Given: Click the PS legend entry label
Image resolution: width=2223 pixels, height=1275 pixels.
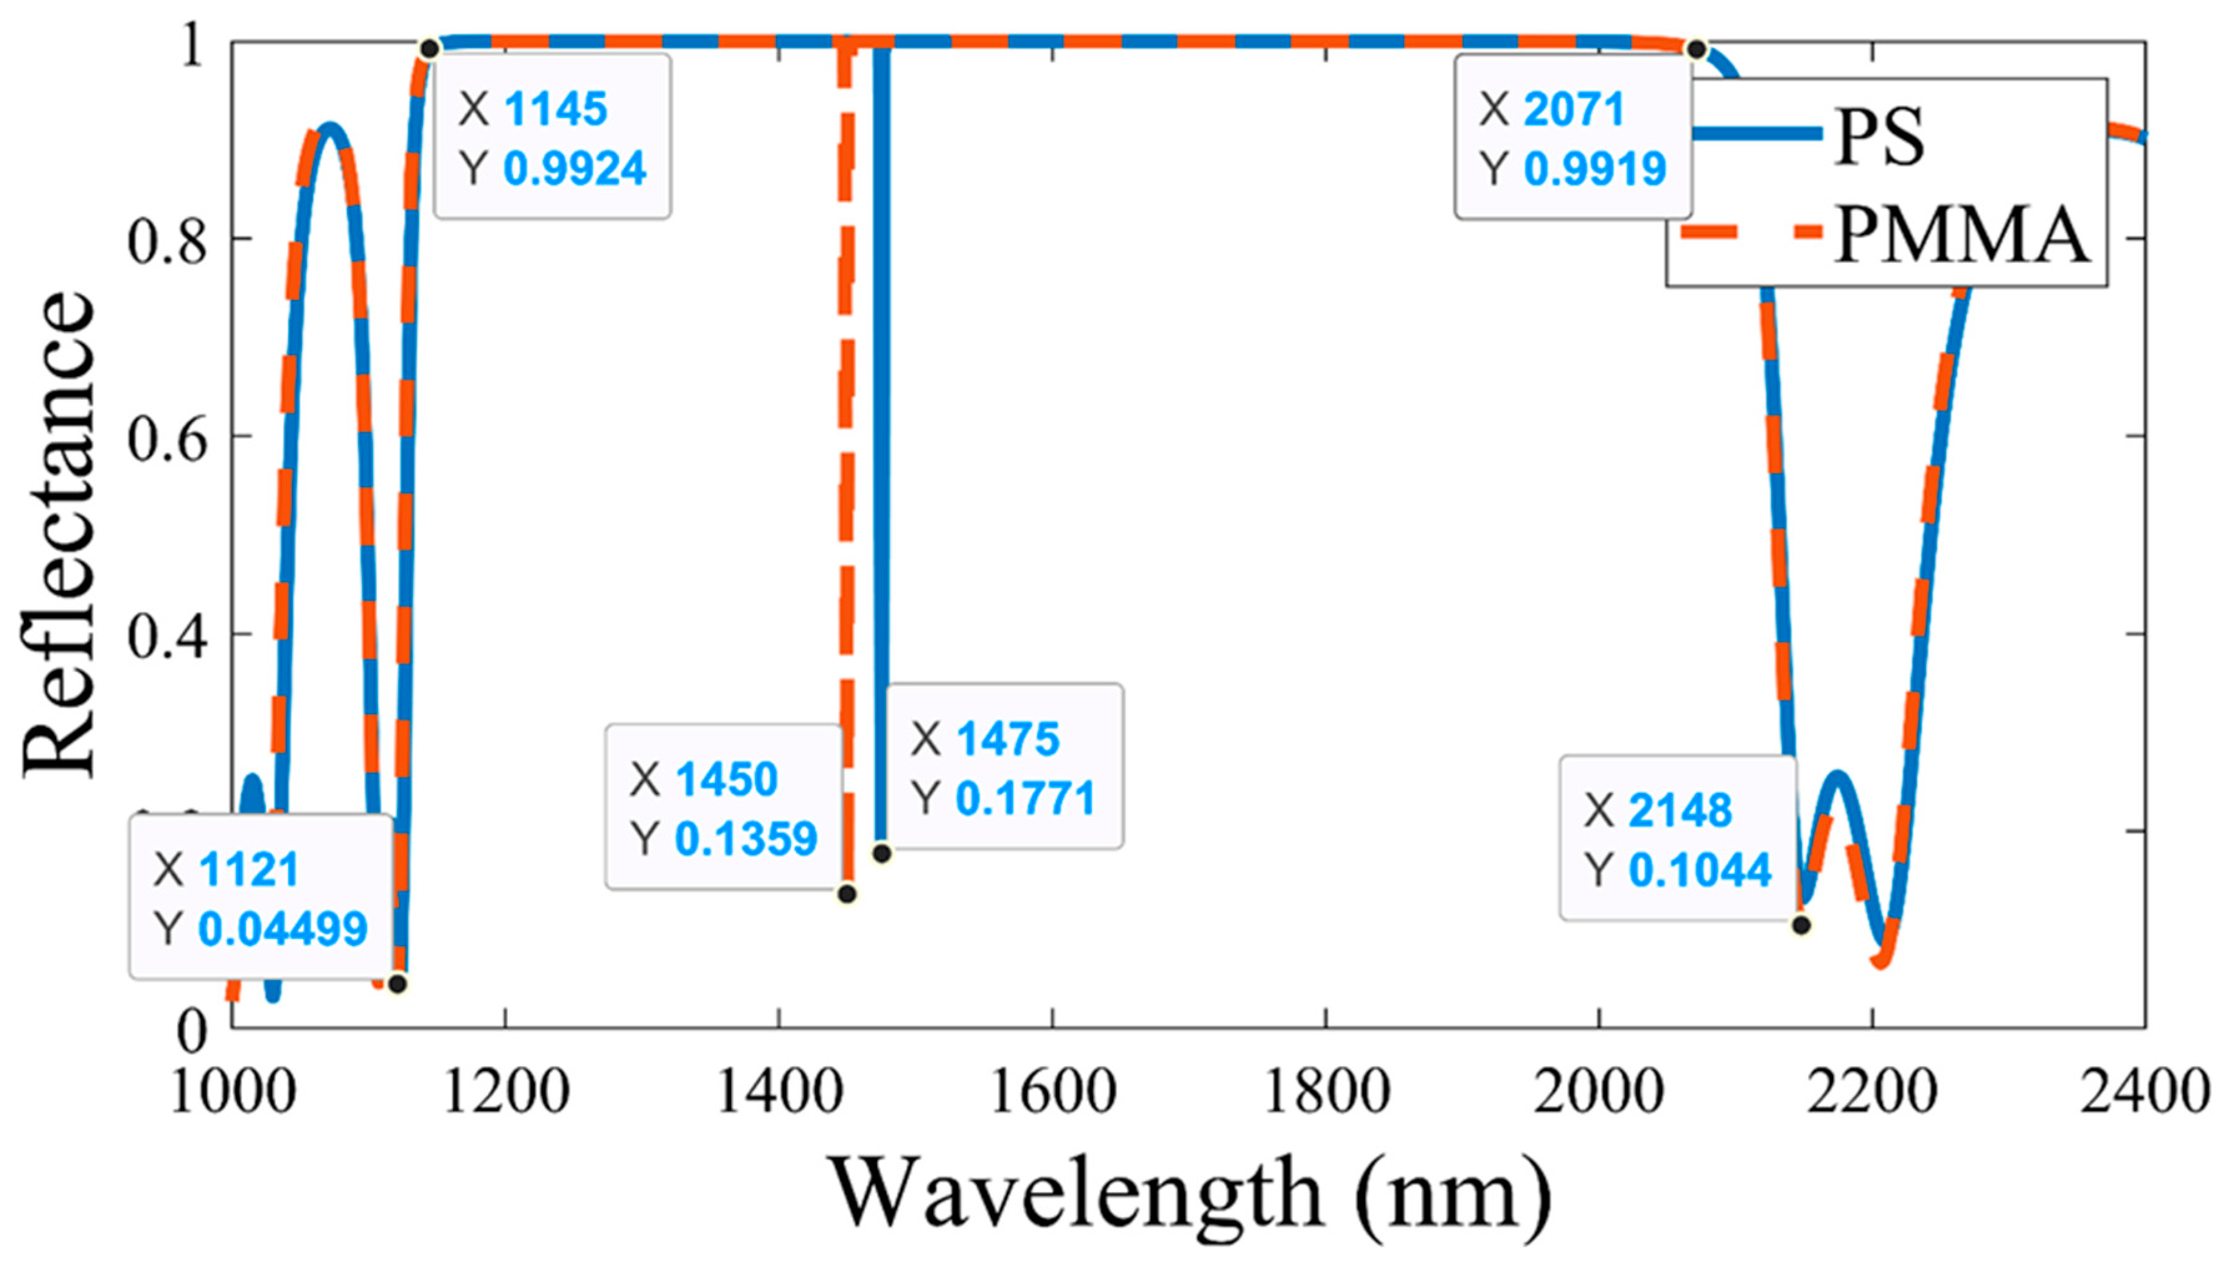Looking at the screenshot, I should pyautogui.click(x=1880, y=137).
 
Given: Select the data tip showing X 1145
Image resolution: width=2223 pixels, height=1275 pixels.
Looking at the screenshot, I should pyautogui.click(x=553, y=137).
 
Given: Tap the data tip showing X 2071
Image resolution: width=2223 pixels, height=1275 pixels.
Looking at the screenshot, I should pyautogui.click(x=1573, y=137).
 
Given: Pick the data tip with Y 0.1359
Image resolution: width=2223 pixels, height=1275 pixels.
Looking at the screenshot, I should pyautogui.click(x=724, y=807).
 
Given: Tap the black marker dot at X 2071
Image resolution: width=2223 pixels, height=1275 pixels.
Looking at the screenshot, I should pyautogui.click(x=1696, y=50).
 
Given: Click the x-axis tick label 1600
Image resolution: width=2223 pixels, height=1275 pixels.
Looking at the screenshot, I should pyautogui.click(x=1052, y=1093).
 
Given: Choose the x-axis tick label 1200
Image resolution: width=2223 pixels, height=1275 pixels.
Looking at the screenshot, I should pyautogui.click(x=506, y=1093).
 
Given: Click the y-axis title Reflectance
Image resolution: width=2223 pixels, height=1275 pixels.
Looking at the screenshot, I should pyautogui.click(x=59, y=534).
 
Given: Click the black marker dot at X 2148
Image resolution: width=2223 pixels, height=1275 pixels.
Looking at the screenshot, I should pyautogui.click(x=1801, y=924).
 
